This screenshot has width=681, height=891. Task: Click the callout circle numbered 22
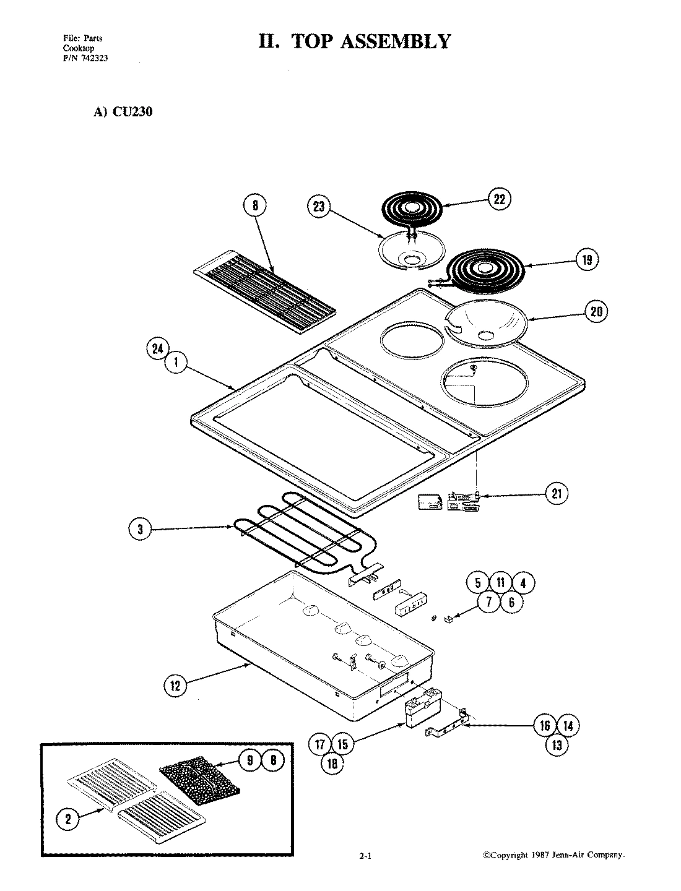click(499, 199)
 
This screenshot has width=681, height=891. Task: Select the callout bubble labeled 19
click(586, 260)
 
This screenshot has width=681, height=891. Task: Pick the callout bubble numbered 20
click(596, 311)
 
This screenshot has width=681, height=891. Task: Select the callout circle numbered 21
click(557, 493)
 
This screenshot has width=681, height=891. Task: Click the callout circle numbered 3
click(141, 528)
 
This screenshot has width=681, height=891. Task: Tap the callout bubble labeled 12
click(176, 685)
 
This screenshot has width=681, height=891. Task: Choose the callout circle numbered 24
click(158, 349)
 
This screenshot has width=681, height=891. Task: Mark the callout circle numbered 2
click(68, 820)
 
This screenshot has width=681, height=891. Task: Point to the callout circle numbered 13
click(557, 745)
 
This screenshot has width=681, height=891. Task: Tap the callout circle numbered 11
click(500, 583)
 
